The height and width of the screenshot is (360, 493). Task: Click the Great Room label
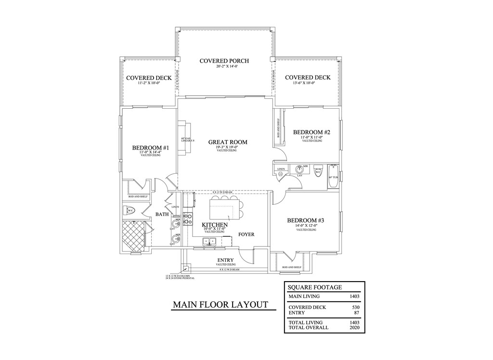pos(228,142)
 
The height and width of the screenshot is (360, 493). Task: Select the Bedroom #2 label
pos(311,132)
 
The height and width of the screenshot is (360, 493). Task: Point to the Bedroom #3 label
pos(306,220)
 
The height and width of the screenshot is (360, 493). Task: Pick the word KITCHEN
pos(215,225)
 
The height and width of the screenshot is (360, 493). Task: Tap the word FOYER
pos(246,234)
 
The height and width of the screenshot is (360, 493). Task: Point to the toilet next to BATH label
pos(130,210)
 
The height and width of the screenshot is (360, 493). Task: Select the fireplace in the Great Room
pos(183,139)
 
